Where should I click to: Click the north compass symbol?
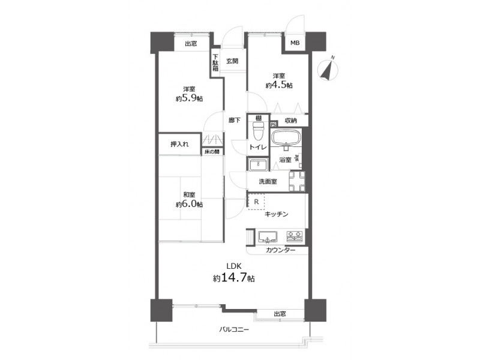click(328, 70)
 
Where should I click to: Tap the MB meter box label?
click(295, 43)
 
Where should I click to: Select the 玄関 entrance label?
click(232, 61)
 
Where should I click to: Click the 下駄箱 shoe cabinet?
click(215, 63)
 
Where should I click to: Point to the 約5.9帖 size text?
click(189, 98)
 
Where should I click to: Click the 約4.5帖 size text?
click(279, 85)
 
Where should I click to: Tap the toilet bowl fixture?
click(258, 130)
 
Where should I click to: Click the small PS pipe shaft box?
click(274, 124)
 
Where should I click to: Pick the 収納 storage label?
click(291, 121)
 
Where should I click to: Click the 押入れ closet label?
click(179, 144)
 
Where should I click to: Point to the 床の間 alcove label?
click(212, 152)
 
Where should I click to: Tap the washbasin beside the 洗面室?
click(259, 164)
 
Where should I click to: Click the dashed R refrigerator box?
click(257, 202)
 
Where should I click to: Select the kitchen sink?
click(268, 237)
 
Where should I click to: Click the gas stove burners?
click(295, 236)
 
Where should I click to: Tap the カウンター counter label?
click(280, 250)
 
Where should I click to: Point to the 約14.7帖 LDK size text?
click(234, 278)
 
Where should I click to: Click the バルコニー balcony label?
click(234, 329)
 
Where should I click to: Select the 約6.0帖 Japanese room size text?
click(189, 204)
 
